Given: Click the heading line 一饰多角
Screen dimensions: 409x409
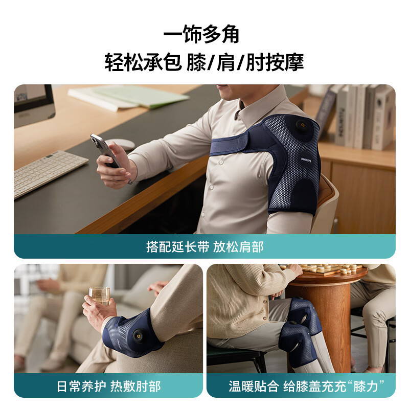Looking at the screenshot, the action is [201, 34].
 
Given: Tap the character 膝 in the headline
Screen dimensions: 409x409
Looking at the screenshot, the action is [196, 62].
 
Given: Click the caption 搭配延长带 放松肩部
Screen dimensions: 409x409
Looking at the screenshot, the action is [205, 247].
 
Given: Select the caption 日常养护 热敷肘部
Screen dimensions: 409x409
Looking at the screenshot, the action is [108, 387].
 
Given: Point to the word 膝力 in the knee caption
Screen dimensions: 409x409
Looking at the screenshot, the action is [366, 387].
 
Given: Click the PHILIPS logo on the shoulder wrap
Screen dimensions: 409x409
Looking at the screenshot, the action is [306, 160].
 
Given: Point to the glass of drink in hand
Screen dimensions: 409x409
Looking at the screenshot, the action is [100, 296].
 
